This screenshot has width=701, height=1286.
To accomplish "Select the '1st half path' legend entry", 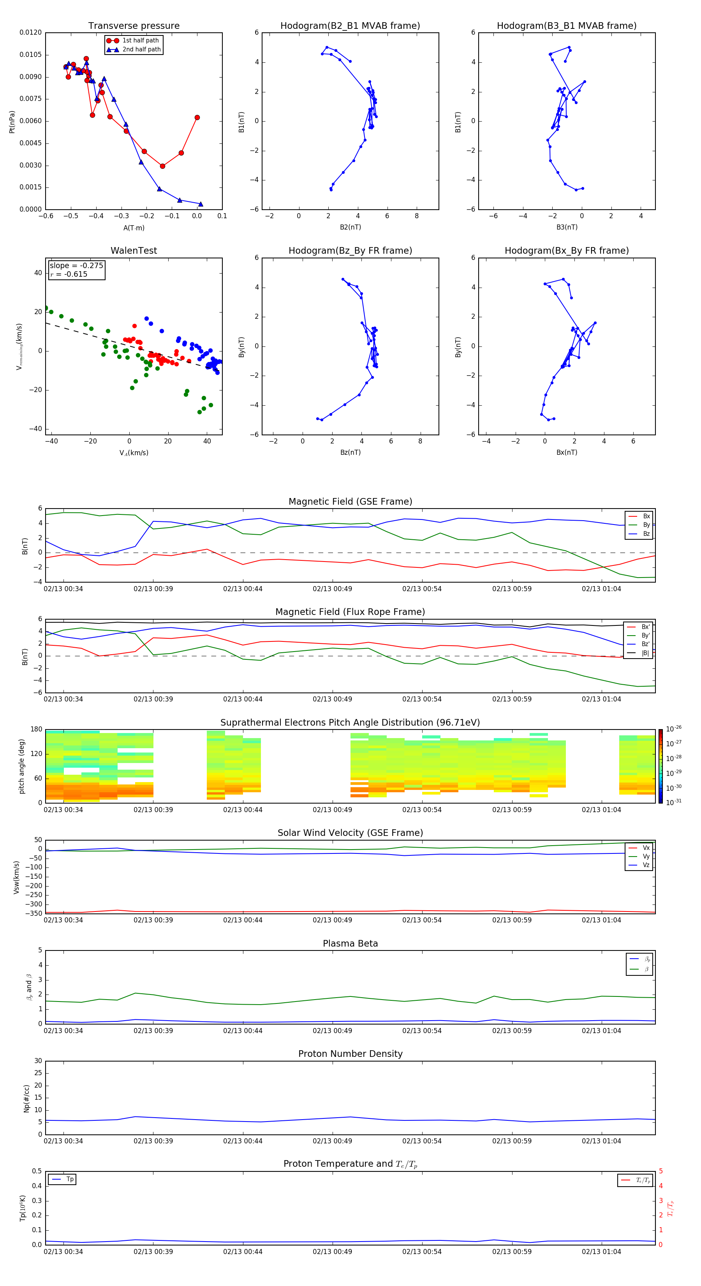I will pos(140,41).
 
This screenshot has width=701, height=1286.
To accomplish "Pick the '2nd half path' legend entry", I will pos(141,49).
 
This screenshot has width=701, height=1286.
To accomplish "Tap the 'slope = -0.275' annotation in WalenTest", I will pos(76,266).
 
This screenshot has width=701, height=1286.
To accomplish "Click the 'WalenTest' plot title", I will pos(134,251).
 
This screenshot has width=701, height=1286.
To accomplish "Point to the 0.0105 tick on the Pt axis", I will pos(30,55).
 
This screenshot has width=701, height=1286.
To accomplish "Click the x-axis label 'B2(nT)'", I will pos(350,227).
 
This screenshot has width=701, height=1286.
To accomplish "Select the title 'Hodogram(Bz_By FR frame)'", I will pos(350,251).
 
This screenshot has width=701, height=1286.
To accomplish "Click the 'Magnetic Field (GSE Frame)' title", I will pos(350,502).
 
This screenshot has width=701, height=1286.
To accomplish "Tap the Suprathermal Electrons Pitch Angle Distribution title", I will pos(350,722).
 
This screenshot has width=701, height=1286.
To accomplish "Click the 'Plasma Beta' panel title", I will pos(350,943).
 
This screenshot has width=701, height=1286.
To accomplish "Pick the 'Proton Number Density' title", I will pos(350,1054).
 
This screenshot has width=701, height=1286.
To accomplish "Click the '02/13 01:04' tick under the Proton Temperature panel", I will pos(601,1252).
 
